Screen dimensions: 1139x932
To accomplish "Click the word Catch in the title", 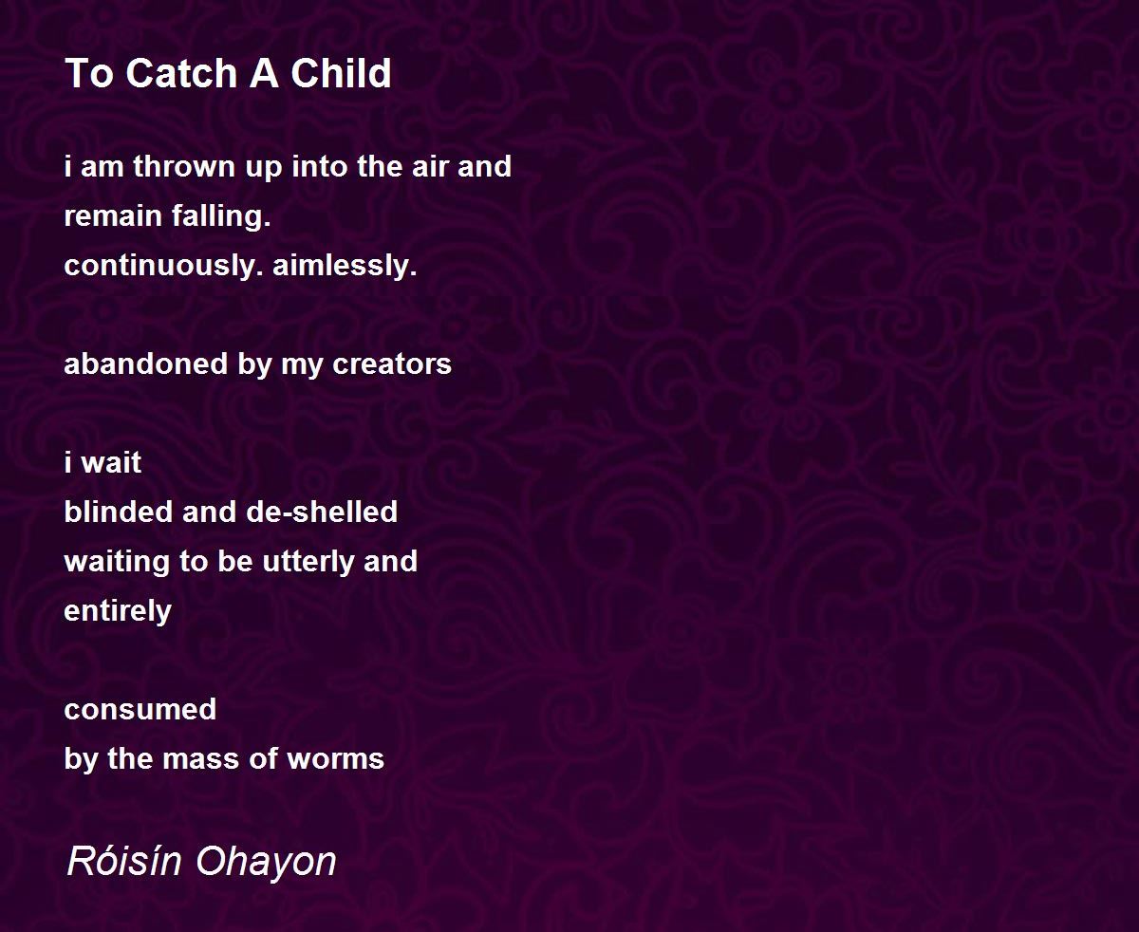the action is point(181,73).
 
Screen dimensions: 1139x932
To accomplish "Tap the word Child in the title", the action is point(341,73).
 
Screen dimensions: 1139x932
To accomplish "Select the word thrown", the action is point(185,166).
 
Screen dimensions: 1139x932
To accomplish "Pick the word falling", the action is point(221,216).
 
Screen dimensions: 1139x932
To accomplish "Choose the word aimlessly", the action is point(345,266).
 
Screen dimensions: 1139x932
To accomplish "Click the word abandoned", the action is point(146,363).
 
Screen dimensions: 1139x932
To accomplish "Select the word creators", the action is point(392,364).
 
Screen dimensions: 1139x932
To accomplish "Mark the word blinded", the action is point(119,512).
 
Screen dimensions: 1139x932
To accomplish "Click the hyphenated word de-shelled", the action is point(322,512).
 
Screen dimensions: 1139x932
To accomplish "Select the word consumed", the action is point(140,710).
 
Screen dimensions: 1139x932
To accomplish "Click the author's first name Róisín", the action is point(124,861).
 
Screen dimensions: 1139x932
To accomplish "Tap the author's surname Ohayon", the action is point(267,862).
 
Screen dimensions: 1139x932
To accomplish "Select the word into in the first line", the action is point(319,166).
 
